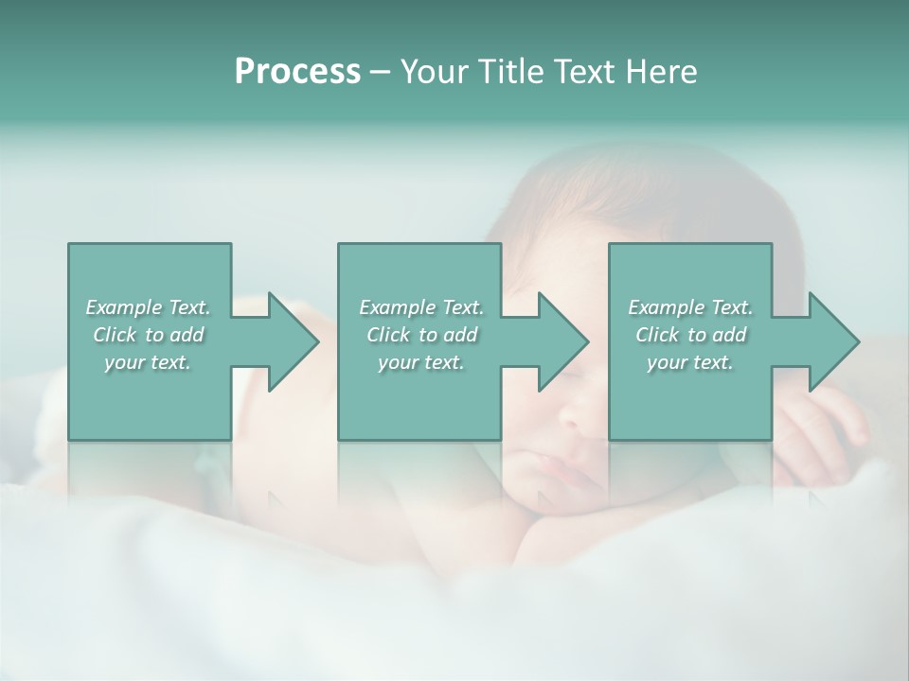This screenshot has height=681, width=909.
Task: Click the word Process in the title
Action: coord(297,72)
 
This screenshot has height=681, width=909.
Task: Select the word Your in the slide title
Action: coord(437,72)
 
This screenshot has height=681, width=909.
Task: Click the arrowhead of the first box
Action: coord(290,341)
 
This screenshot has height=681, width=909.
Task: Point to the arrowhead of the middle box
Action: coord(560,341)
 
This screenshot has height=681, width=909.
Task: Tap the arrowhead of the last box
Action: coord(830,341)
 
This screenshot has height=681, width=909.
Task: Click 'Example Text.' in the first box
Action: coord(149,307)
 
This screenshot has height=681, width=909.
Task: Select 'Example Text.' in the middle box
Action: coord(421,307)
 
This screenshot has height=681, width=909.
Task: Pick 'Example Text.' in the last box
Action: coord(690,307)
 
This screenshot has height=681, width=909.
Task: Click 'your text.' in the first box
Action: coord(147,362)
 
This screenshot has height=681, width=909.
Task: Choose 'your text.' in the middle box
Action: coord(420,362)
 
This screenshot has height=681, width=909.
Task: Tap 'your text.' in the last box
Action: coord(689,362)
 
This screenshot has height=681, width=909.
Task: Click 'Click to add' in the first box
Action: coord(149,335)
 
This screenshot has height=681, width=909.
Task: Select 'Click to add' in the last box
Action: coord(691,335)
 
